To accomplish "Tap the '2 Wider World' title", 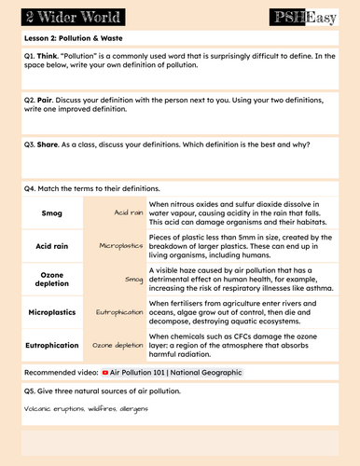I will [x=56, y=15].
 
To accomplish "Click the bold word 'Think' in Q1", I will [x=48, y=56].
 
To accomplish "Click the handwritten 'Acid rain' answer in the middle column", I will [x=128, y=212].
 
